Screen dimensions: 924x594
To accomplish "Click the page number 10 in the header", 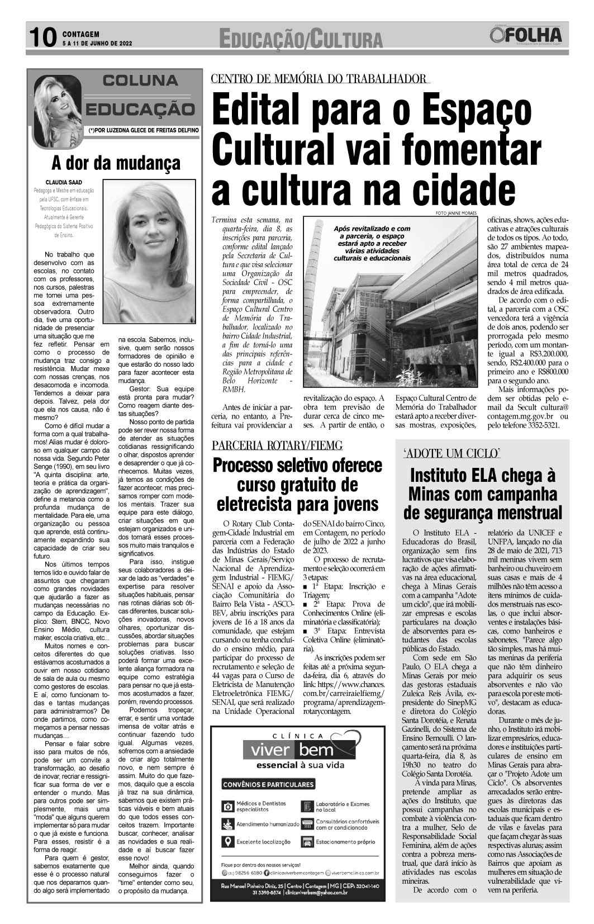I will [42, 37].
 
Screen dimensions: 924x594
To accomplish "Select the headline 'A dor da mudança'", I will [116, 163].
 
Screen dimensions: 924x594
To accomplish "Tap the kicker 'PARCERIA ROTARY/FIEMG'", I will [277, 446].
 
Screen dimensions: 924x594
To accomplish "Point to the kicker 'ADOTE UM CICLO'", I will [455, 453].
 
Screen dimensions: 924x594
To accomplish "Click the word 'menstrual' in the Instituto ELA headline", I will [522, 512].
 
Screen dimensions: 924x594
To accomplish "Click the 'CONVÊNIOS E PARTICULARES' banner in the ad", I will [268, 784].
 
